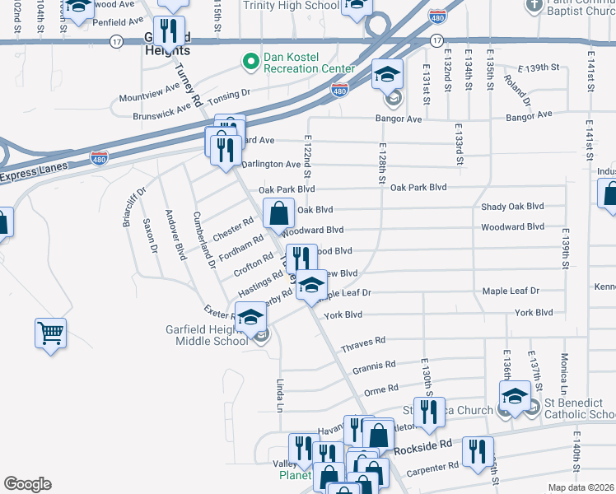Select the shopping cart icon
click(x=50, y=333)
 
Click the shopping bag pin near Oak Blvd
click(x=279, y=213)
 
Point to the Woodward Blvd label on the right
click(x=512, y=226)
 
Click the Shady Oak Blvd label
click(x=512, y=207)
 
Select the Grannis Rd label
click(x=375, y=364)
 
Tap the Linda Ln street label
click(x=280, y=396)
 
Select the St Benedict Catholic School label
click(x=579, y=409)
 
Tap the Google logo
click(x=27, y=484)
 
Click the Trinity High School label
click(x=291, y=4)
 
